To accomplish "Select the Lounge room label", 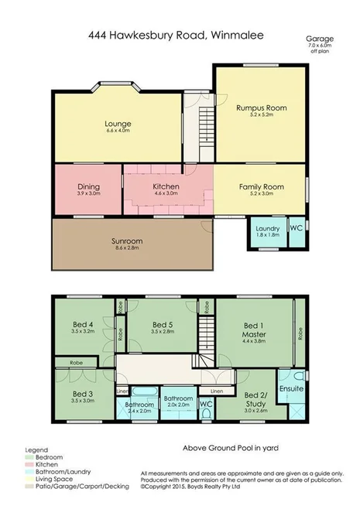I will click(x=118, y=125).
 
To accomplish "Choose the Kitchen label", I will click(x=166, y=188).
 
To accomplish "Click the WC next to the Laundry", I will click(x=295, y=229).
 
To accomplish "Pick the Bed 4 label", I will click(x=82, y=326).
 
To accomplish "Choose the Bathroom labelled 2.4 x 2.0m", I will click(x=140, y=406).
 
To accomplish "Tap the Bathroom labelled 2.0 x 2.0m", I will click(x=177, y=401).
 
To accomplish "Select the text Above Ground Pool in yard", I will click(x=231, y=448).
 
